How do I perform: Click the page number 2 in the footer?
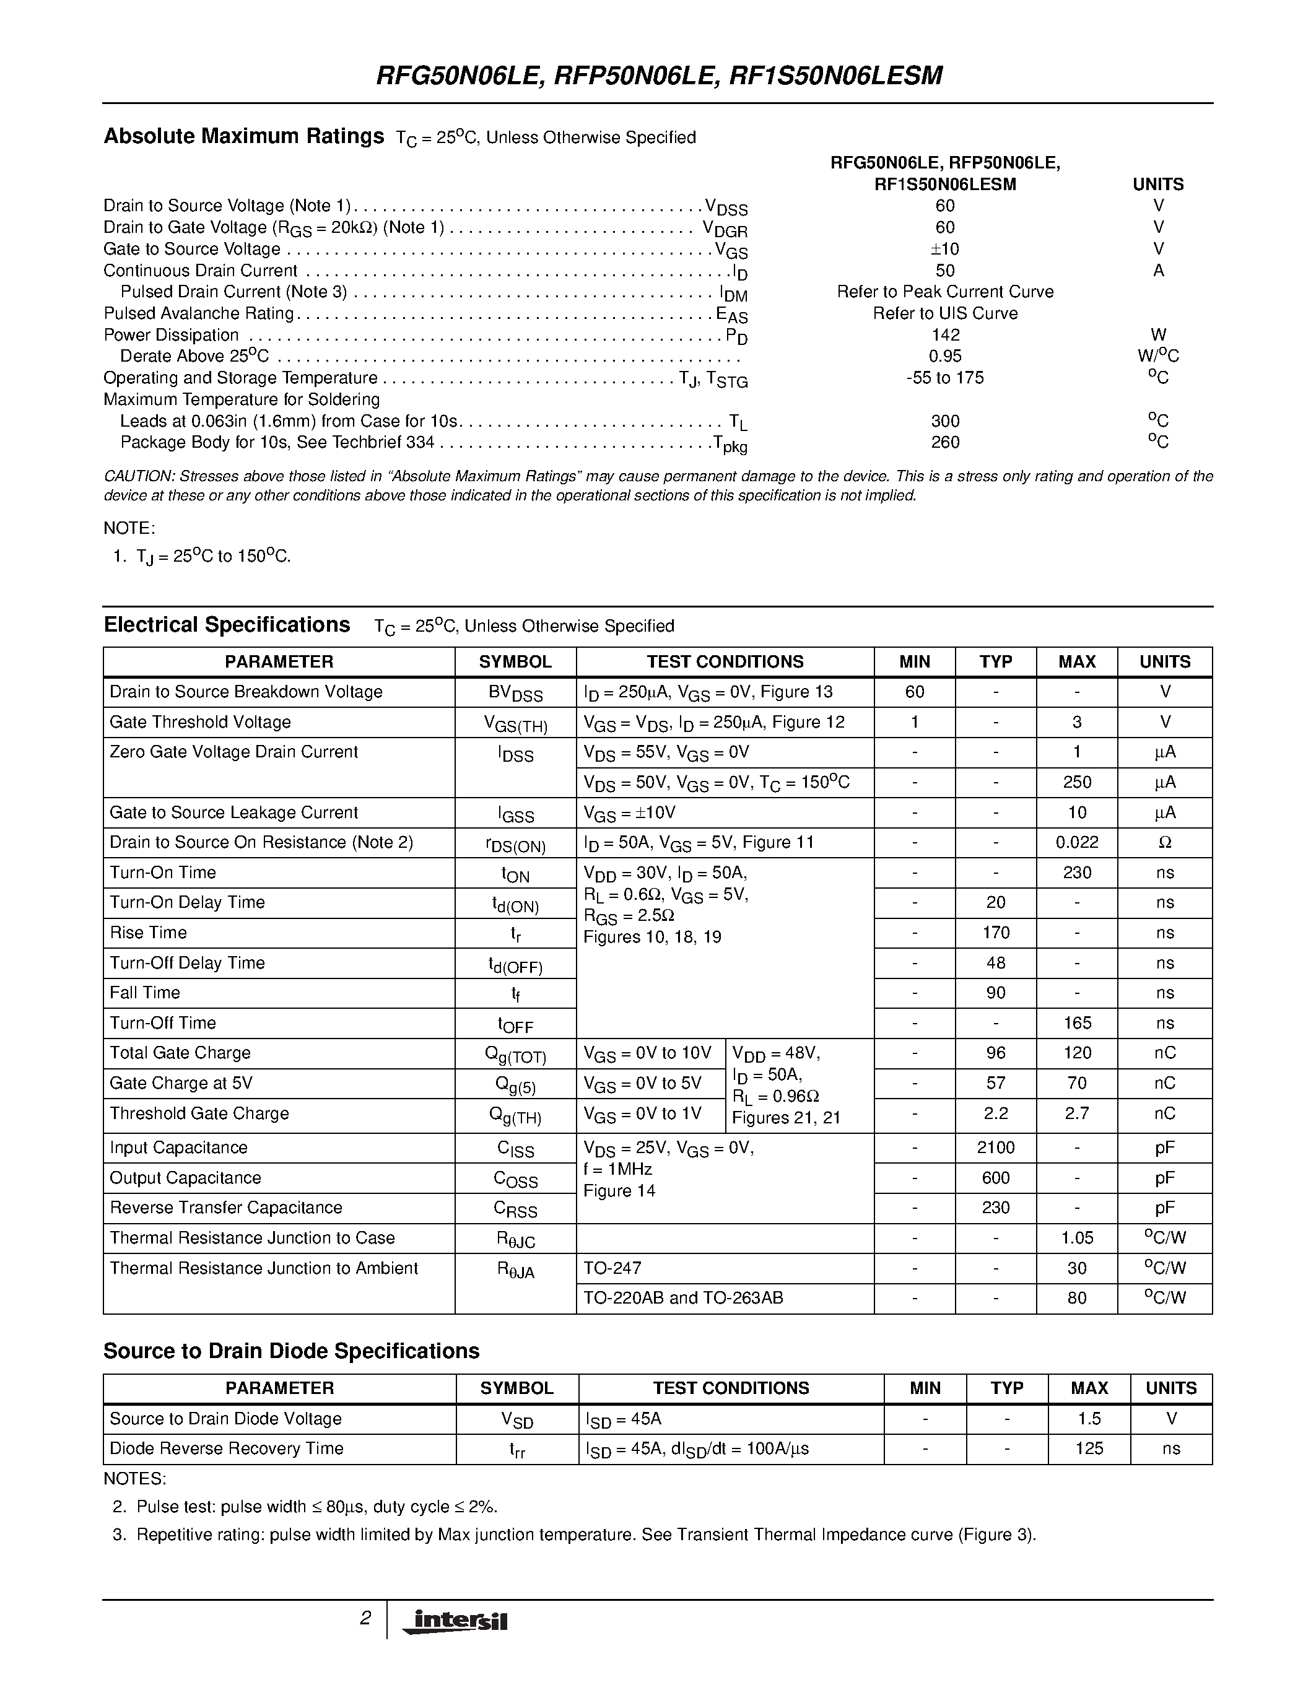[x=365, y=1619]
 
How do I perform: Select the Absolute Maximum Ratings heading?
[x=243, y=136]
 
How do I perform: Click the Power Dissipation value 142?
[x=945, y=335]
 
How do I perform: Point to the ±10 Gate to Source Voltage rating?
[x=945, y=249]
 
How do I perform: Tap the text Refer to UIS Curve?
[x=945, y=313]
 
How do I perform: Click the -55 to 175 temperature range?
[x=945, y=378]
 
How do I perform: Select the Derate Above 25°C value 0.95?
[x=945, y=356]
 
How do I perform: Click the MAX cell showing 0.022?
[x=1077, y=843]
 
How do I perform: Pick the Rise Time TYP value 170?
[x=996, y=933]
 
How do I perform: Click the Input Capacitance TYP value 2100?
[x=996, y=1148]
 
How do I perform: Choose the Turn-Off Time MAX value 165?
[x=1077, y=1023]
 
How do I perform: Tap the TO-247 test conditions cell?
[x=612, y=1269]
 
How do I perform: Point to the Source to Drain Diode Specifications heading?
[x=291, y=1351]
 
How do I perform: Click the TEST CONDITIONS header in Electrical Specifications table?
[x=725, y=662]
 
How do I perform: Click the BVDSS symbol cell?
[x=515, y=692]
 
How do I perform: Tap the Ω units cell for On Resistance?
[x=1165, y=843]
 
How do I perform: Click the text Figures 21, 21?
[x=786, y=1118]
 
